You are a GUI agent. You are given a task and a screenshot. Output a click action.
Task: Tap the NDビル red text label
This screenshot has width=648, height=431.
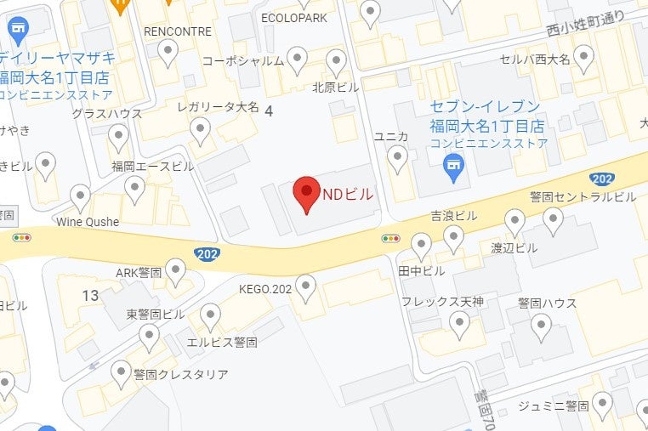(347, 194)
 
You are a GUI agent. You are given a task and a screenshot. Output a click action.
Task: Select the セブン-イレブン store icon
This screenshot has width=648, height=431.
(454, 167)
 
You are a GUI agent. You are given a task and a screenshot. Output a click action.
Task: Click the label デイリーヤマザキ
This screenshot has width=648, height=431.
(58, 59)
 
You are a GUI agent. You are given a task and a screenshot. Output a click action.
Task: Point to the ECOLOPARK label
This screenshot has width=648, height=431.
(294, 17)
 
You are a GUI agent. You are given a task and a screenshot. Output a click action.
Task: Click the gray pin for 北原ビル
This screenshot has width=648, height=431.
(337, 62)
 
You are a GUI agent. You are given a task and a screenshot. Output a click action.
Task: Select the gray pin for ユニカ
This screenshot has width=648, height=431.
(397, 157)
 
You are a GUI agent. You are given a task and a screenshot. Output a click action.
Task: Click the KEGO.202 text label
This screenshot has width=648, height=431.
(266, 289)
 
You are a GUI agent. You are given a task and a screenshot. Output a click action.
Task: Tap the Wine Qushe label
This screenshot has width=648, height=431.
(88, 222)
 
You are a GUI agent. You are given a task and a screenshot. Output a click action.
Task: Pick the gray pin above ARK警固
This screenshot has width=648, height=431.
(175, 270)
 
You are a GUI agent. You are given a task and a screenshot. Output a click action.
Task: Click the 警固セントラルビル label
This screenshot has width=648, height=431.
(583, 196)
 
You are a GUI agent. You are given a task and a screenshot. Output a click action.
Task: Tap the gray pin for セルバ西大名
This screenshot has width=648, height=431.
(583, 57)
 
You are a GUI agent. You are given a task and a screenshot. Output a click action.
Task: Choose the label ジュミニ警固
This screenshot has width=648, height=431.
(554, 405)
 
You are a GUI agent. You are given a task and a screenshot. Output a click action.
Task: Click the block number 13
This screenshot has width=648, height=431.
(91, 295)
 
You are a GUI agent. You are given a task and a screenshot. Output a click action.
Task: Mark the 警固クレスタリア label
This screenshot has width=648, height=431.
(181, 374)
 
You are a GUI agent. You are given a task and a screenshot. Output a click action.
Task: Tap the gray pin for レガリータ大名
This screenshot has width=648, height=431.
(200, 130)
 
